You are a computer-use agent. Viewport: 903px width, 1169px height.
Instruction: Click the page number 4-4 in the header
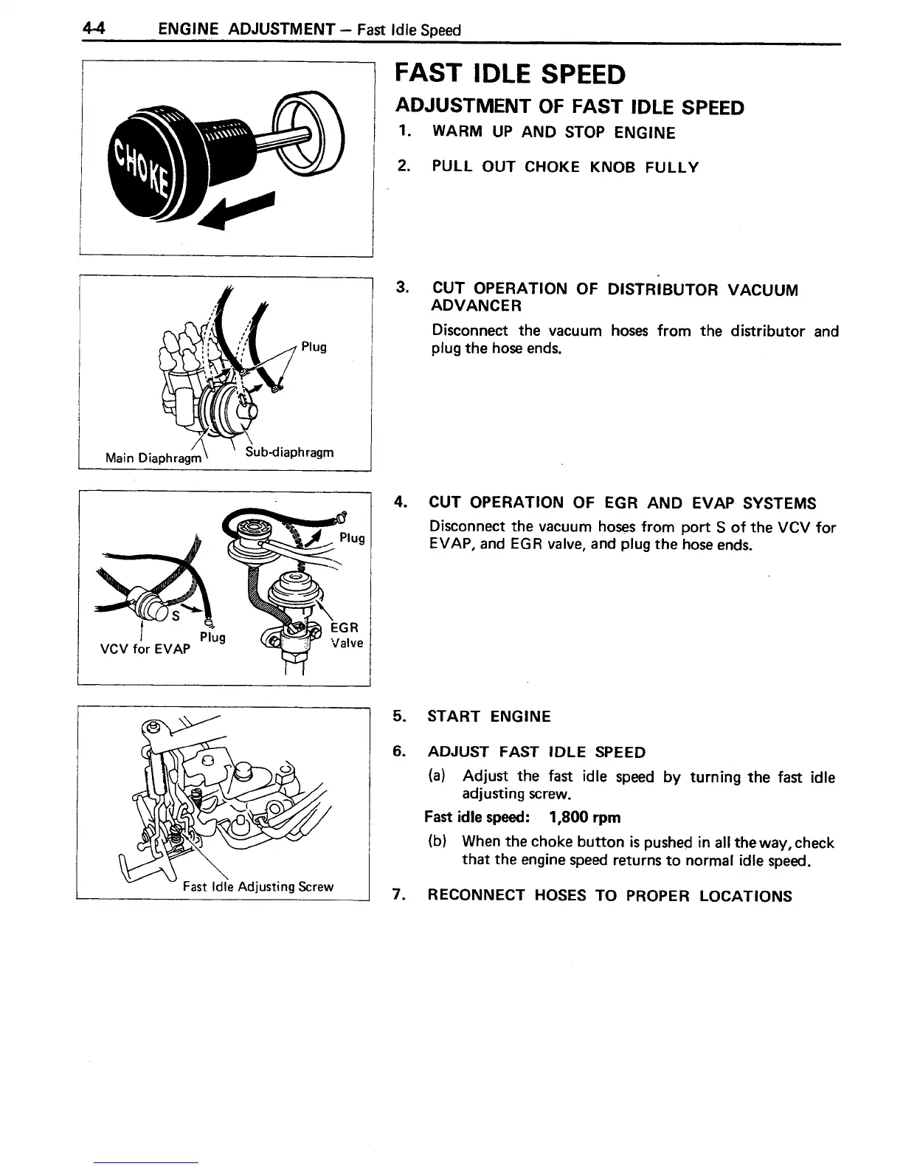coord(95,30)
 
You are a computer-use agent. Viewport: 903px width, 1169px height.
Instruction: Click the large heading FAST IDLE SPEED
coord(511,75)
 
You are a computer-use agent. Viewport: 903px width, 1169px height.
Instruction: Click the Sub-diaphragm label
coord(290,452)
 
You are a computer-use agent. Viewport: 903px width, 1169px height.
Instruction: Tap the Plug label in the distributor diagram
coord(314,347)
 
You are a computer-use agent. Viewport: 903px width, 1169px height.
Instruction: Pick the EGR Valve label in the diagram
coord(346,635)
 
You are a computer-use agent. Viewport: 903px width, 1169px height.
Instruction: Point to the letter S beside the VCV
coord(176,615)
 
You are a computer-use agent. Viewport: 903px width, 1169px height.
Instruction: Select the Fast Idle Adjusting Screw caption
coord(258,886)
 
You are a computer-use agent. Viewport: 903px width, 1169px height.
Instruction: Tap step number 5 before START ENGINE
coord(398,716)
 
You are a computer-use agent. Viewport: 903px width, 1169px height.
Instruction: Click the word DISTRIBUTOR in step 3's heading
coord(662,289)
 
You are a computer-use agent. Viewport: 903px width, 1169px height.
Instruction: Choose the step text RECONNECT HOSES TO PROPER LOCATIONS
coord(609,896)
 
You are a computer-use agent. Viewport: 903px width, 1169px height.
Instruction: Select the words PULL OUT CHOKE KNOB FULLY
coord(564,167)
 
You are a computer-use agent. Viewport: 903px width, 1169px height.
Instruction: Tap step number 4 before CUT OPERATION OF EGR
coord(399,503)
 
